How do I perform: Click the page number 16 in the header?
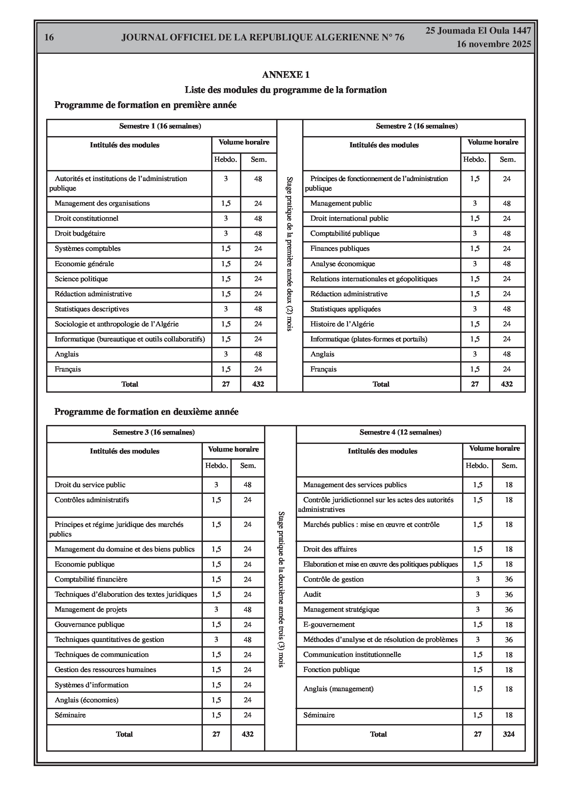49,37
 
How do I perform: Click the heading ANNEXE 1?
286,75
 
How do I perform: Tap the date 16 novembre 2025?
493,45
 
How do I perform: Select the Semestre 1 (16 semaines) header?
160,126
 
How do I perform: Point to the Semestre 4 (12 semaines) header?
400,432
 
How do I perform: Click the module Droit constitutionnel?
87,218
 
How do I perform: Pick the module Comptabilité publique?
344,233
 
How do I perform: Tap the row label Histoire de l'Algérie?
342,324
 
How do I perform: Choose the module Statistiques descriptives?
92,309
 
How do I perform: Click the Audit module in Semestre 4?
312,594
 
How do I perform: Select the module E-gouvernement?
329,625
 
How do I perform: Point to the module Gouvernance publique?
90,625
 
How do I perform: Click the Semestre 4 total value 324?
509,734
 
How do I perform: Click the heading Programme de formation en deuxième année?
146,412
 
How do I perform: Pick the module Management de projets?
91,609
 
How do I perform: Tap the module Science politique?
81,279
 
